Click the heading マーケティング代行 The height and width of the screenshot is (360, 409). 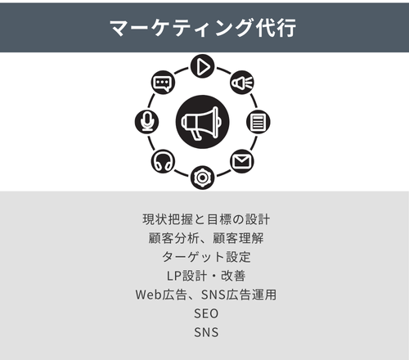(203, 27)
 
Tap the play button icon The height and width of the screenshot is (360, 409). (202, 66)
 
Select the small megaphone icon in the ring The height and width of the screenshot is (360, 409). (242, 83)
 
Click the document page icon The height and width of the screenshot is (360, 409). (258, 122)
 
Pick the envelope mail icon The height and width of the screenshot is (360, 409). (242, 161)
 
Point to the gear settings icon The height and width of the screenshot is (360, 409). (202, 178)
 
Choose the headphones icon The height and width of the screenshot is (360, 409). (163, 161)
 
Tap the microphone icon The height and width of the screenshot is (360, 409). (147, 122)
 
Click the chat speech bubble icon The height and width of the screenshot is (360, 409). (163, 83)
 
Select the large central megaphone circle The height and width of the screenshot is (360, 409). (202, 122)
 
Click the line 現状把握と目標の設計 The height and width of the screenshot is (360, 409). (206, 219)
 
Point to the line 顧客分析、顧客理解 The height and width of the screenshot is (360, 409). (206, 238)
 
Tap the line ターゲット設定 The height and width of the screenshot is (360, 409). (206, 257)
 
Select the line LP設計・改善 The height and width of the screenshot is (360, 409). (206, 276)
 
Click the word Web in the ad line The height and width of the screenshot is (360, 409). (149, 295)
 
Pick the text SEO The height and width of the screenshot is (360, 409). (206, 313)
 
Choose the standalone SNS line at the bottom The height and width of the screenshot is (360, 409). (206, 332)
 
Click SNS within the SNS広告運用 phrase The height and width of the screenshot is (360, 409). (213, 295)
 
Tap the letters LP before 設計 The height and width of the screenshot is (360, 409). (174, 276)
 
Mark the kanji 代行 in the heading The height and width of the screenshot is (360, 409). (276, 27)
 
